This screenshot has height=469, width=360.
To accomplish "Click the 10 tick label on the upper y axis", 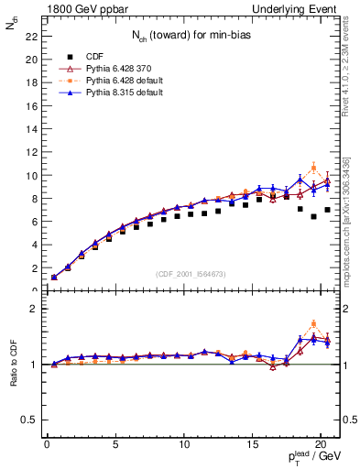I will point(29,176).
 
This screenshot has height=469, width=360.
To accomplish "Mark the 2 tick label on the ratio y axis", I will point(32,309).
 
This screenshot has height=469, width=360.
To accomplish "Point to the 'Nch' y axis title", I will point(12,27).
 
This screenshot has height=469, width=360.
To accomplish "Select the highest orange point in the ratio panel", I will point(314,323).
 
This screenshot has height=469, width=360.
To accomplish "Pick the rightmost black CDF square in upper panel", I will point(327,210).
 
